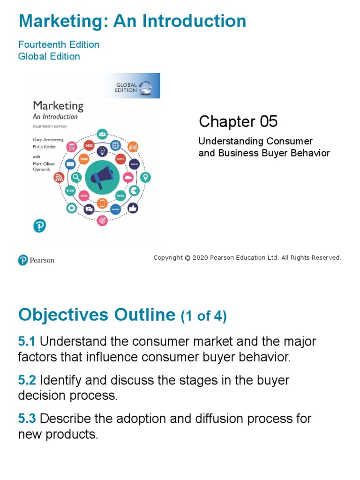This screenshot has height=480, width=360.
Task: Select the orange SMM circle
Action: click(x=84, y=159)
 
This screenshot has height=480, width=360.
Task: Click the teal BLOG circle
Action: click(x=70, y=191)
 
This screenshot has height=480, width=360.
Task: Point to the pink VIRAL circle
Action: click(x=84, y=195)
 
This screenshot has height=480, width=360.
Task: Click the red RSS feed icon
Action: click(x=59, y=177)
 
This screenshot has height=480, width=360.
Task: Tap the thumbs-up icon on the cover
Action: click(x=133, y=207)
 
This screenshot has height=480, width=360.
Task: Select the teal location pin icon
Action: click(x=146, y=177)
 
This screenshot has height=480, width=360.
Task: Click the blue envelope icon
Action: click(x=70, y=164)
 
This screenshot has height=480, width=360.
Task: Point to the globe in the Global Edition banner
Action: click(x=145, y=87)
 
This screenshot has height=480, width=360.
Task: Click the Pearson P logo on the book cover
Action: click(x=39, y=226)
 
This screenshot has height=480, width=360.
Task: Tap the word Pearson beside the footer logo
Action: click(x=42, y=260)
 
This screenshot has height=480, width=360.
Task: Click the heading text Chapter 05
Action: click(x=238, y=122)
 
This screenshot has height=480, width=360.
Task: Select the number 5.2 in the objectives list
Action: click(x=27, y=380)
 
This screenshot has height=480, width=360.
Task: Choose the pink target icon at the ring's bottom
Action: click(x=102, y=220)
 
